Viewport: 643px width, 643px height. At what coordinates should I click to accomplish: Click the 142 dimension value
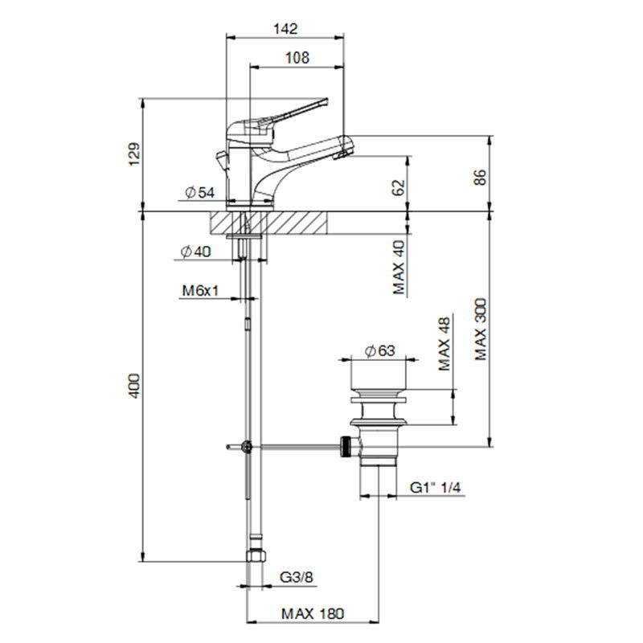click(x=285, y=29)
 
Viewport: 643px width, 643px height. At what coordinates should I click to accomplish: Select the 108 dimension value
click(x=297, y=57)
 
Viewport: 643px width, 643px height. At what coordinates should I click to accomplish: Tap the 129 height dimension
click(x=134, y=154)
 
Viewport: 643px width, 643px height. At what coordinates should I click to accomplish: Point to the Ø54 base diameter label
click(x=199, y=192)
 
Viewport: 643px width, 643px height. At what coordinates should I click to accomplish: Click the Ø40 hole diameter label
click(x=195, y=252)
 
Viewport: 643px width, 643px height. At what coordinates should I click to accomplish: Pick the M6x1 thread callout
click(x=200, y=291)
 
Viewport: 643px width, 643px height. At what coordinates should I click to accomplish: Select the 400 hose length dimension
click(x=134, y=386)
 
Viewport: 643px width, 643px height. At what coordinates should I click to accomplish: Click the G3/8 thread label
click(x=296, y=577)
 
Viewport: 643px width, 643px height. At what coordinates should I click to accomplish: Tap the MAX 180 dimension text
click(x=313, y=613)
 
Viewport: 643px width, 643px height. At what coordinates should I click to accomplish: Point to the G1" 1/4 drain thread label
click(x=436, y=488)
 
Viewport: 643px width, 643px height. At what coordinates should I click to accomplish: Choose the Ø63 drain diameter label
click(x=379, y=350)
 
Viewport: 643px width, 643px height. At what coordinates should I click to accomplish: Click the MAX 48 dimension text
click(x=444, y=344)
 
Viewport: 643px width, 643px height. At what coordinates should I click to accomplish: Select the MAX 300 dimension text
click(x=480, y=330)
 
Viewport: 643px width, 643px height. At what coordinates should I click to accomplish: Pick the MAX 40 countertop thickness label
click(x=398, y=268)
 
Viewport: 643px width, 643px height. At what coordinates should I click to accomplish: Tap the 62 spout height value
click(x=398, y=187)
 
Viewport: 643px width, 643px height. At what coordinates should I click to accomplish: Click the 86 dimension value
click(x=480, y=177)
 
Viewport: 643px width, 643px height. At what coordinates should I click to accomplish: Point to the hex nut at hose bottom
click(x=256, y=555)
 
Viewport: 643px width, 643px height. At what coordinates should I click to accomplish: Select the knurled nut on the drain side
click(x=346, y=446)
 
